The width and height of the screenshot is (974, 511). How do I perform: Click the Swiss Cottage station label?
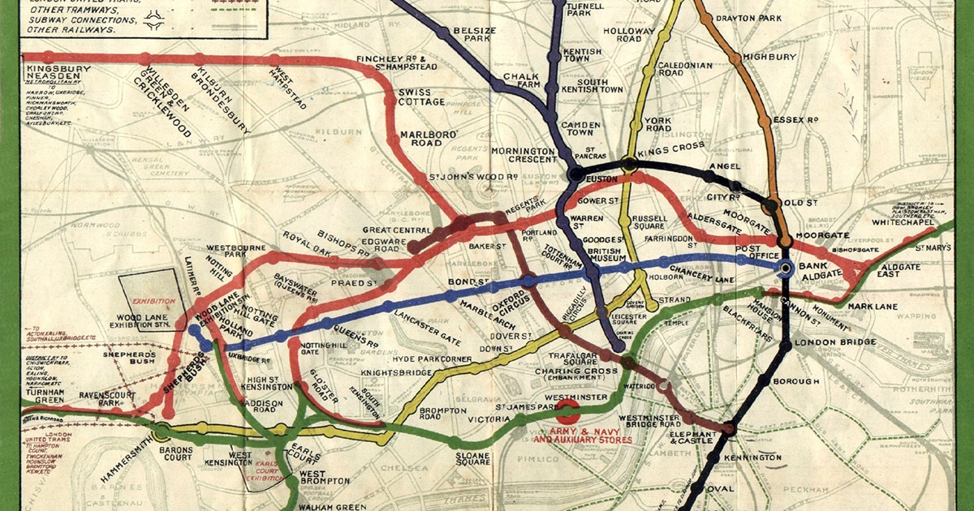(x=421, y=97)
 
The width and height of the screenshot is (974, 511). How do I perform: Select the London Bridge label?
(x=831, y=342)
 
